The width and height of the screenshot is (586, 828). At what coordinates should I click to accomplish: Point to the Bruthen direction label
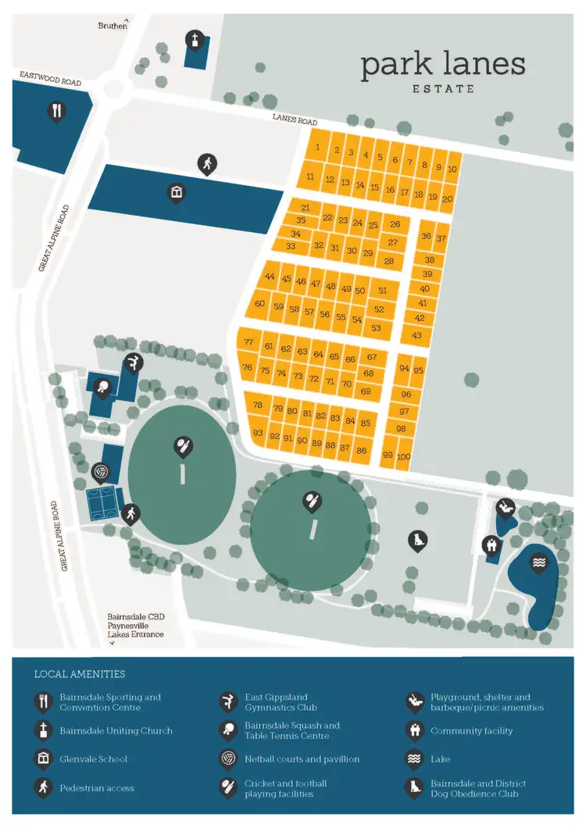(x=112, y=26)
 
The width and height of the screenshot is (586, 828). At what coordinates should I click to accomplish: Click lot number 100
(x=404, y=456)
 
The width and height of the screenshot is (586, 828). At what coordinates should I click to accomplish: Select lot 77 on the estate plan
(x=249, y=343)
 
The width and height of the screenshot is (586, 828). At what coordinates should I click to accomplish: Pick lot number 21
(x=306, y=208)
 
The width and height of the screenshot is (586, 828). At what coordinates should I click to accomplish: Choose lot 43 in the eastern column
(x=417, y=335)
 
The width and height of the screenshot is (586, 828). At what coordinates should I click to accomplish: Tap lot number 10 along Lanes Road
(x=452, y=168)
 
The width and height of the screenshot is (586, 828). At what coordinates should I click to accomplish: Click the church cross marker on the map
(x=194, y=38)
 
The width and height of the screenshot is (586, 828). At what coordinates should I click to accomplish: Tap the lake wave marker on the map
(x=538, y=562)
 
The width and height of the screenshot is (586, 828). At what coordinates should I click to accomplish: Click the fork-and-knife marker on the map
(x=56, y=111)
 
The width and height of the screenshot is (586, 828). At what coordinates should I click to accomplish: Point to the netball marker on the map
(x=100, y=472)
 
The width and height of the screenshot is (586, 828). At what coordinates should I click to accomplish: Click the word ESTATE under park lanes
(x=443, y=89)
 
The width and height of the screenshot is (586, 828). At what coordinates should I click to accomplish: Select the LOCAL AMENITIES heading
(x=80, y=674)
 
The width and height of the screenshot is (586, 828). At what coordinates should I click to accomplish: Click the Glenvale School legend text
(x=93, y=759)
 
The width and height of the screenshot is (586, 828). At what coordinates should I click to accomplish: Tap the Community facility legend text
(x=471, y=731)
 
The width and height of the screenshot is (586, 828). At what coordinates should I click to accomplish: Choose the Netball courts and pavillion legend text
(x=302, y=759)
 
